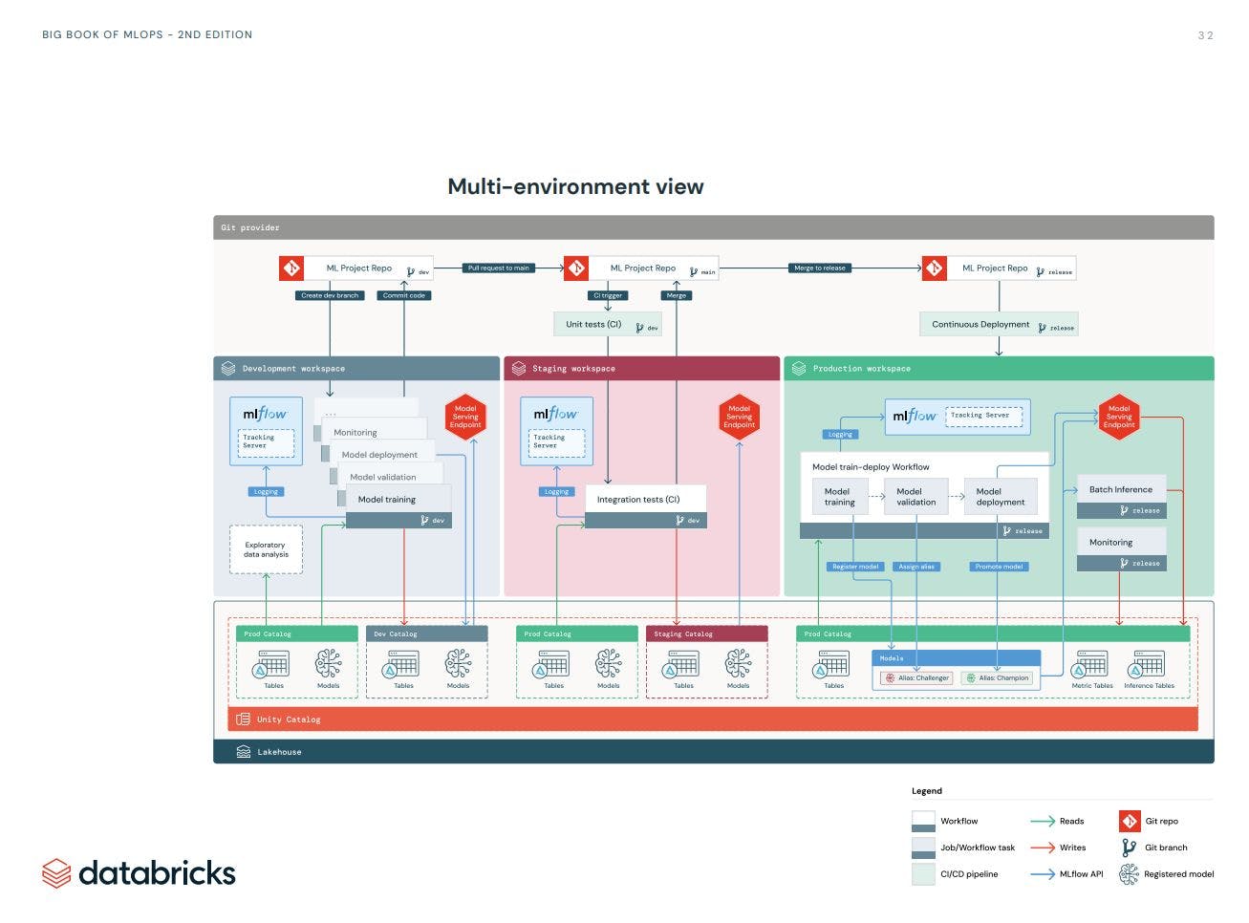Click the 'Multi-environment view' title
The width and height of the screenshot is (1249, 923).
click(575, 187)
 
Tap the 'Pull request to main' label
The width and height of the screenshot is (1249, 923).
click(498, 268)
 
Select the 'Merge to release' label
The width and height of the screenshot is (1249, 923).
click(819, 268)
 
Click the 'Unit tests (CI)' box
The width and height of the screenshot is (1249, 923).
click(607, 325)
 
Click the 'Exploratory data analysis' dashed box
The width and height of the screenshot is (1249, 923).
click(266, 549)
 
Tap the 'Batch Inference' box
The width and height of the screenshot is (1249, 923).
click(1121, 490)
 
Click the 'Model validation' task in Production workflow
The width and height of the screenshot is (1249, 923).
click(915, 497)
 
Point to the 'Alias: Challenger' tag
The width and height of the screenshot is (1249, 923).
click(916, 678)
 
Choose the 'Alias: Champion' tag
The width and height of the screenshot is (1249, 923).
click(997, 678)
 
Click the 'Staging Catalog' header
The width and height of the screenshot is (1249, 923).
click(706, 634)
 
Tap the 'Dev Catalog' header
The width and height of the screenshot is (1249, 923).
click(426, 634)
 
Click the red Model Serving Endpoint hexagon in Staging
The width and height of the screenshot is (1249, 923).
click(739, 417)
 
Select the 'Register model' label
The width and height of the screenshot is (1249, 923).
click(854, 567)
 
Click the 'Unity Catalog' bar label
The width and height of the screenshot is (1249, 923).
click(288, 719)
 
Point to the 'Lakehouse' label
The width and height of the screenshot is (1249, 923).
click(278, 752)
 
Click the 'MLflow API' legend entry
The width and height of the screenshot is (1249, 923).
click(1080, 874)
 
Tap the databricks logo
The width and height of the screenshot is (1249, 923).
click(139, 873)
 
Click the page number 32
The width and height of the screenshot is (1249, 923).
click(1205, 35)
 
